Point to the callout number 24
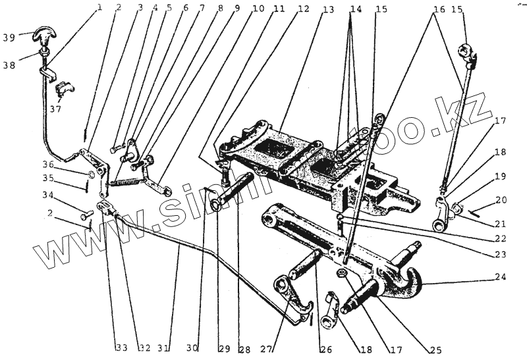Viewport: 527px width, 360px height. point(502,277)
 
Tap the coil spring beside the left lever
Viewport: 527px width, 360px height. point(127,179)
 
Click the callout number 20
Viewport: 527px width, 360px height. point(501,199)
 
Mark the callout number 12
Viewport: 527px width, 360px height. point(303,9)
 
